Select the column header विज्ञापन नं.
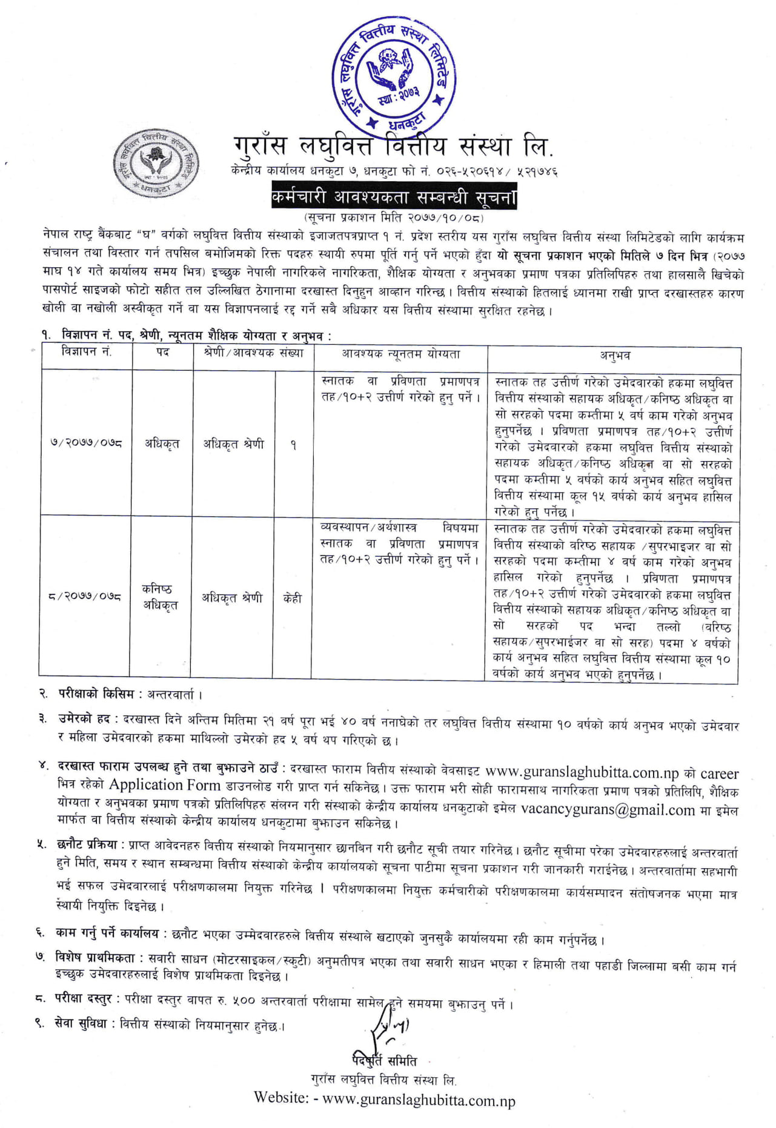click(x=87, y=352)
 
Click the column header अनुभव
click(x=614, y=356)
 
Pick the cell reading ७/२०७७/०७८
click(x=86, y=443)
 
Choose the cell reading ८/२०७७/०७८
click(x=85, y=597)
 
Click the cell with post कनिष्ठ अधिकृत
click(x=161, y=597)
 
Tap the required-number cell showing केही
click(x=293, y=598)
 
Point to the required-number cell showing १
click(x=293, y=445)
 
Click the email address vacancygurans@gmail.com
click(x=608, y=810)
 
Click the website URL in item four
click(x=582, y=772)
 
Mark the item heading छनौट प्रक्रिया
click(x=91, y=844)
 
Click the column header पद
click(x=162, y=352)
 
